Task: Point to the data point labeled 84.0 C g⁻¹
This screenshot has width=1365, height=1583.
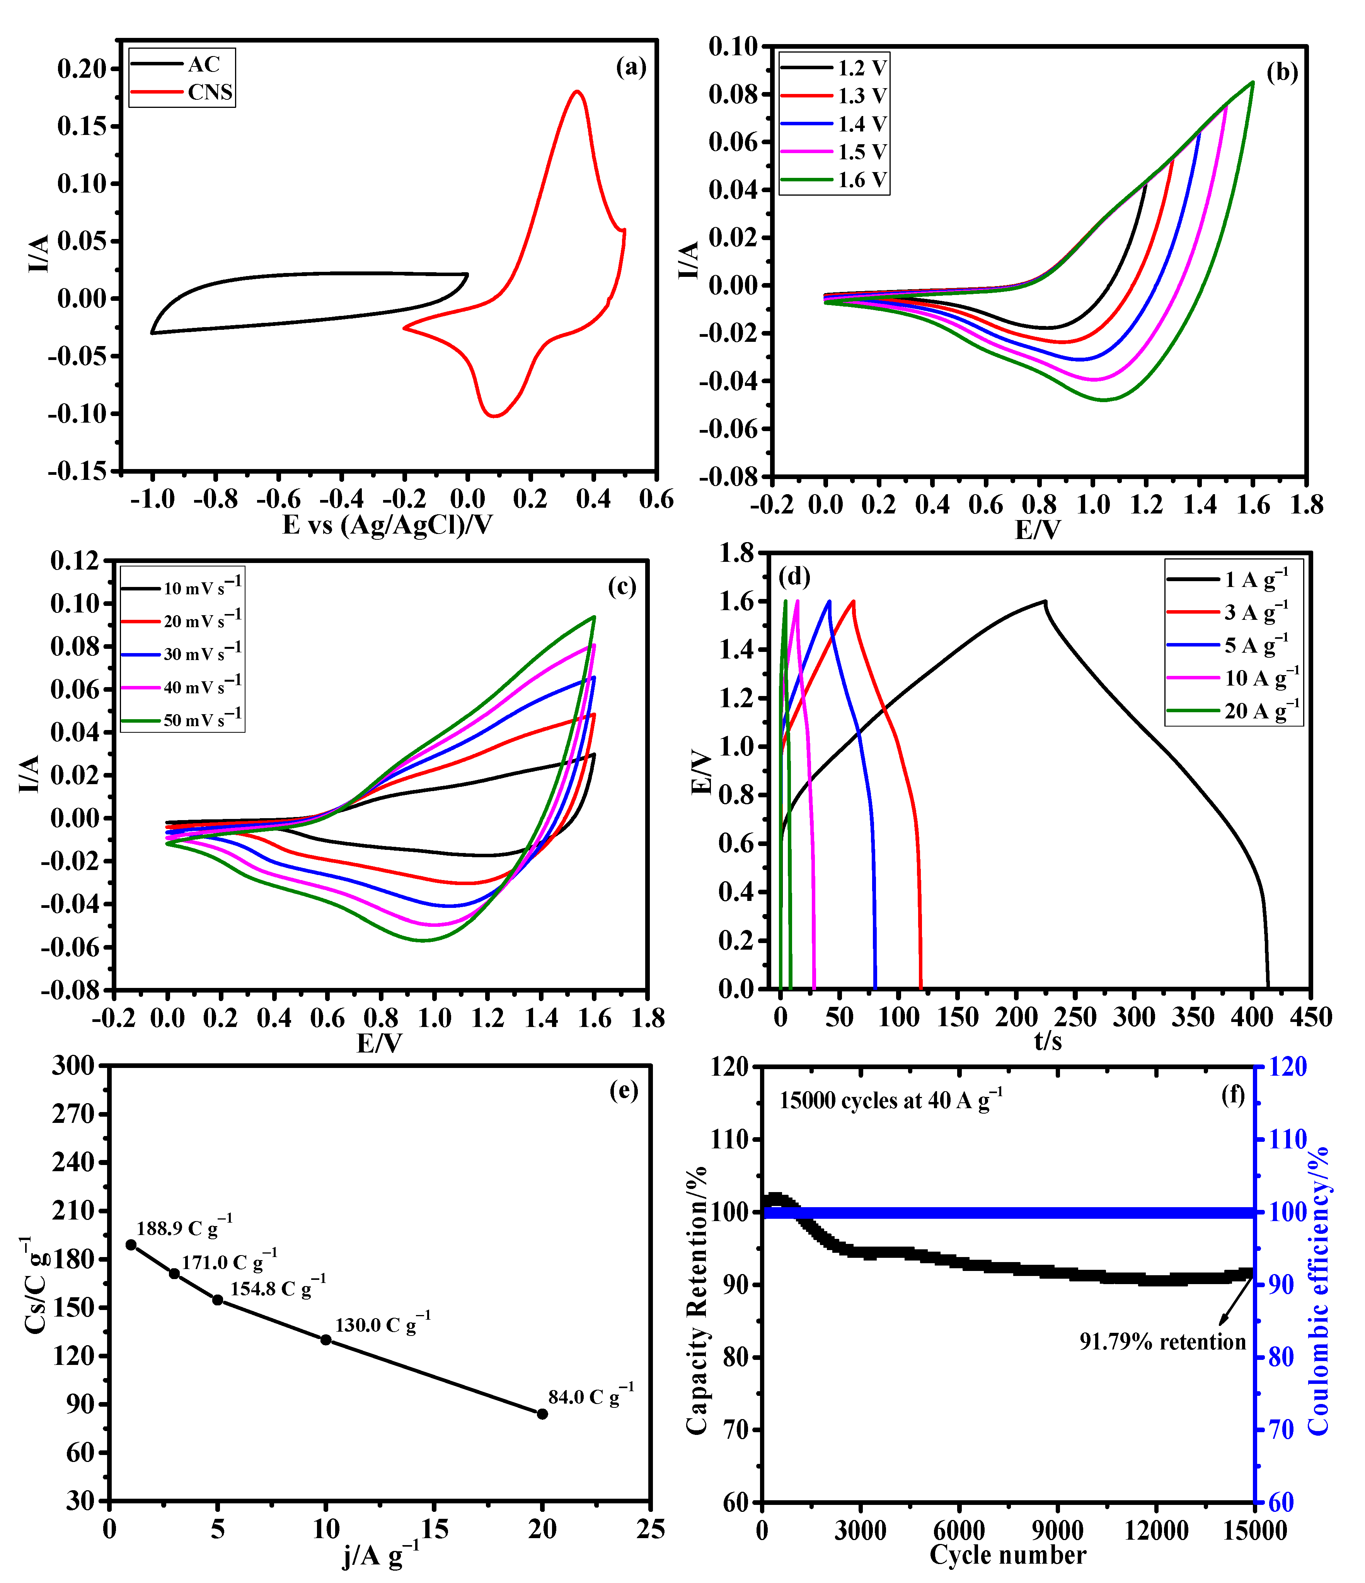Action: [x=542, y=1414]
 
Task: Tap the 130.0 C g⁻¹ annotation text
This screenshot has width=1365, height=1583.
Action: [x=382, y=1325]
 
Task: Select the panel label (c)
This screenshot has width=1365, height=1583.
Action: [x=622, y=587]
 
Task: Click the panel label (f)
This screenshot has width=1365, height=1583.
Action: [x=1233, y=1095]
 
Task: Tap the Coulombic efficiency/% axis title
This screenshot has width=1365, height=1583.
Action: [x=1319, y=1291]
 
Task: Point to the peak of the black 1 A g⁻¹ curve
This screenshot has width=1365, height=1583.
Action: [x=1044, y=601]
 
